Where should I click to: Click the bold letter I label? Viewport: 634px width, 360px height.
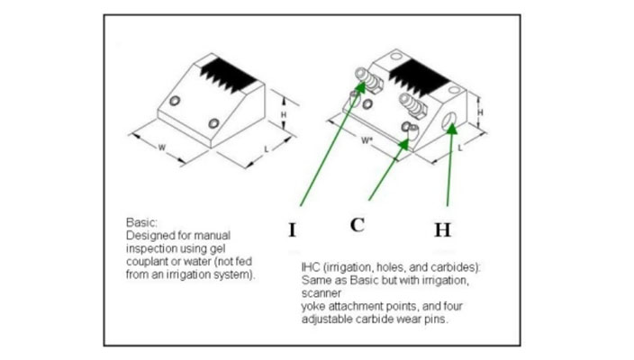click(x=292, y=229)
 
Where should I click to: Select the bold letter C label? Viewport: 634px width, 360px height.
click(x=358, y=225)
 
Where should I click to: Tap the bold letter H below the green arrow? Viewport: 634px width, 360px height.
click(x=442, y=229)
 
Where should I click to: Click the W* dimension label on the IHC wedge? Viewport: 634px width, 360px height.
click(x=367, y=139)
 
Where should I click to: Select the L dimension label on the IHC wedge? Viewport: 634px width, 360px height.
click(x=459, y=148)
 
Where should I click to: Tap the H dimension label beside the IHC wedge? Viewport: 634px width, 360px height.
click(x=479, y=112)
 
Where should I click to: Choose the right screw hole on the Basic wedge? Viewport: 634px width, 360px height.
click(x=213, y=122)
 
